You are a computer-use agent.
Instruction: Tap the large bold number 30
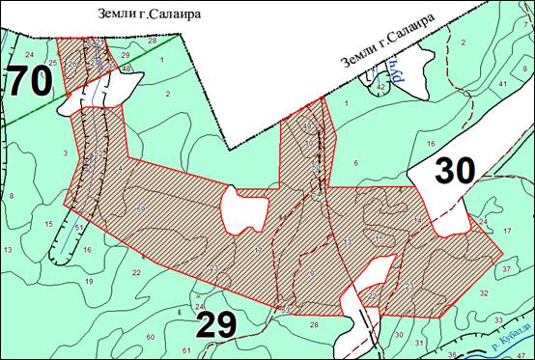point(455,171)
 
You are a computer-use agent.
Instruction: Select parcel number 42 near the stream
point(381,87)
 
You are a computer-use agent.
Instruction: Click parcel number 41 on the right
point(503,84)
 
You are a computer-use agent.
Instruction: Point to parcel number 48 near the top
point(127,69)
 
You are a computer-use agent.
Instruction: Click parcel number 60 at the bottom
point(150,335)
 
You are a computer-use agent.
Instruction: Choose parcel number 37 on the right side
point(507,268)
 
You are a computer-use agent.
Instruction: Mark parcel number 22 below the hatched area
point(136,273)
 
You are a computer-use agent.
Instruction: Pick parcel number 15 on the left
point(48,224)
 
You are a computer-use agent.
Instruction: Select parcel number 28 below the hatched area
point(313,324)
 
